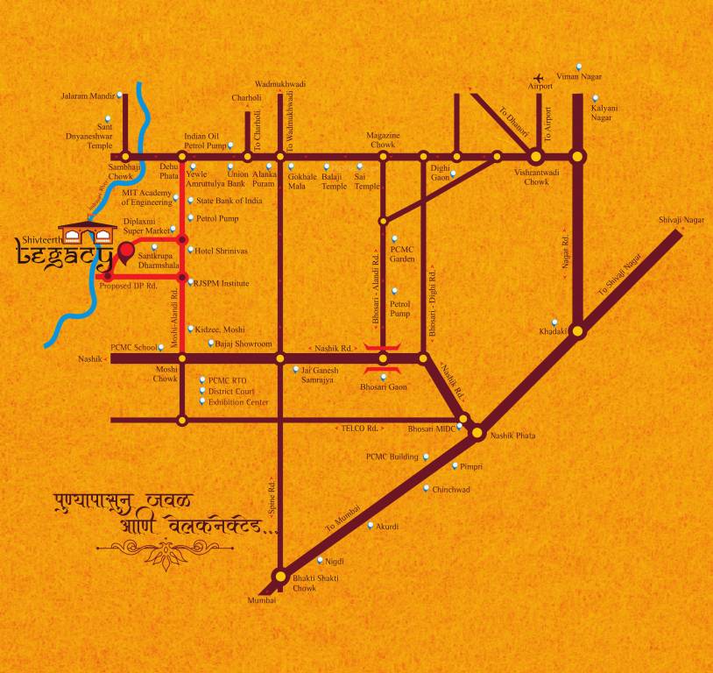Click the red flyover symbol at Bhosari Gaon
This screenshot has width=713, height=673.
coord(383,358)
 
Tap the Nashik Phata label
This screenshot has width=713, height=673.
coord(513,436)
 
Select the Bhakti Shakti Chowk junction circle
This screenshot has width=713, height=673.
coord(279,577)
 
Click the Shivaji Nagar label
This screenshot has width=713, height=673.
coord(681,220)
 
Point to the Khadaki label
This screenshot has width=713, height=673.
coord(554,331)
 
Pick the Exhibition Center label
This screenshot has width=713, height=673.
coord(238,402)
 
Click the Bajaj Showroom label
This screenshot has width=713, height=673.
coord(244,344)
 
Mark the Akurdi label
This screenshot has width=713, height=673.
coord(388,526)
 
